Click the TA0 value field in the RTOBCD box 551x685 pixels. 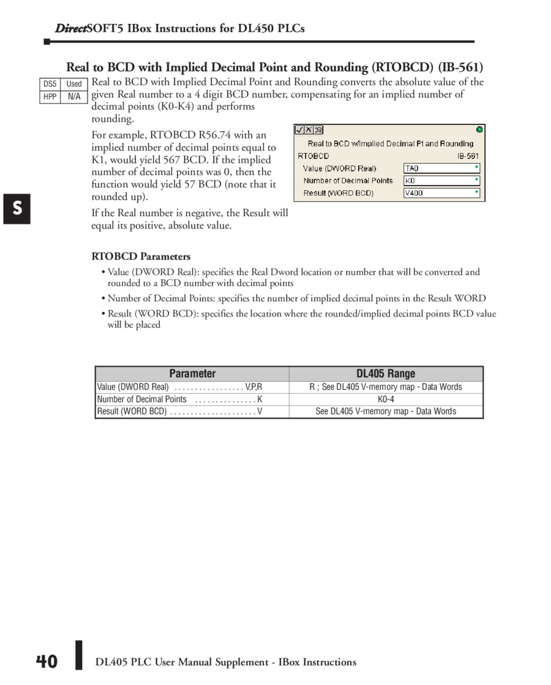click(x=441, y=168)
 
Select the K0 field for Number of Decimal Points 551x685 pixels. click(x=441, y=181)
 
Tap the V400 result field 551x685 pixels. click(x=441, y=193)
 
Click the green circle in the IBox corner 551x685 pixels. click(x=479, y=130)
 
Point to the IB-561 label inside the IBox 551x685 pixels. click(x=468, y=156)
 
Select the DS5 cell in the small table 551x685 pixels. click(x=50, y=84)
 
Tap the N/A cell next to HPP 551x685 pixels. click(x=74, y=97)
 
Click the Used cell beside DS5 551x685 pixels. click(x=74, y=84)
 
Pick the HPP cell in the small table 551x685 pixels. click(x=50, y=97)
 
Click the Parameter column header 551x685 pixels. click(x=192, y=373)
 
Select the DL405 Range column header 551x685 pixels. click(x=386, y=373)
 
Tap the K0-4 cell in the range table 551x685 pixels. click(x=386, y=399)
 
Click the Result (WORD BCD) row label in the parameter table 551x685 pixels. click(x=132, y=411)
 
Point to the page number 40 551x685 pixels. click(x=47, y=662)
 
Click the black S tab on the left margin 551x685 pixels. click(x=17, y=209)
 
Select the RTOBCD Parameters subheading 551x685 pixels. click(x=141, y=256)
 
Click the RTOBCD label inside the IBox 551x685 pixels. click(x=313, y=156)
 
